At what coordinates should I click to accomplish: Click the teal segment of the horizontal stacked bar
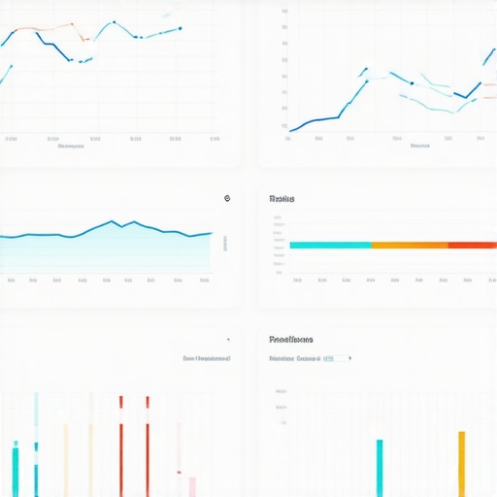pos(330,245)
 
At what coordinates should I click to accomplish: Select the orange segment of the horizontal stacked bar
pos(409,245)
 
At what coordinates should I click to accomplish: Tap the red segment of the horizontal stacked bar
pos(472,245)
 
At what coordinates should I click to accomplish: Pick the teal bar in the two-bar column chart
pos(380,468)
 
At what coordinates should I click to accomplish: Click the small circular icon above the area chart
pos(226,198)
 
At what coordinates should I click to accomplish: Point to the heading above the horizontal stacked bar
pos(282,198)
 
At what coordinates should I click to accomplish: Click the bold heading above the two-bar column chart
pos(291,340)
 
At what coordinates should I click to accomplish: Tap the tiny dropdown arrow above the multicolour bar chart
pos(228,340)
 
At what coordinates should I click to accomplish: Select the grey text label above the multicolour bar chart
pos(207,358)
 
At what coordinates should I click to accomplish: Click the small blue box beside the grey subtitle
pos(328,358)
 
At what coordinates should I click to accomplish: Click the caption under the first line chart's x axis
pos(70,148)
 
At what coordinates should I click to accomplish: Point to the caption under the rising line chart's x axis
pos(419,147)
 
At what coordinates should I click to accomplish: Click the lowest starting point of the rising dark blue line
pos(290,130)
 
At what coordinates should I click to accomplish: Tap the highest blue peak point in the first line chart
pos(115,21)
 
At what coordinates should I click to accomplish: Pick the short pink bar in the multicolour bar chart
pos(192,485)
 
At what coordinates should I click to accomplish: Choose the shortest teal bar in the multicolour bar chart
pos(16,470)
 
